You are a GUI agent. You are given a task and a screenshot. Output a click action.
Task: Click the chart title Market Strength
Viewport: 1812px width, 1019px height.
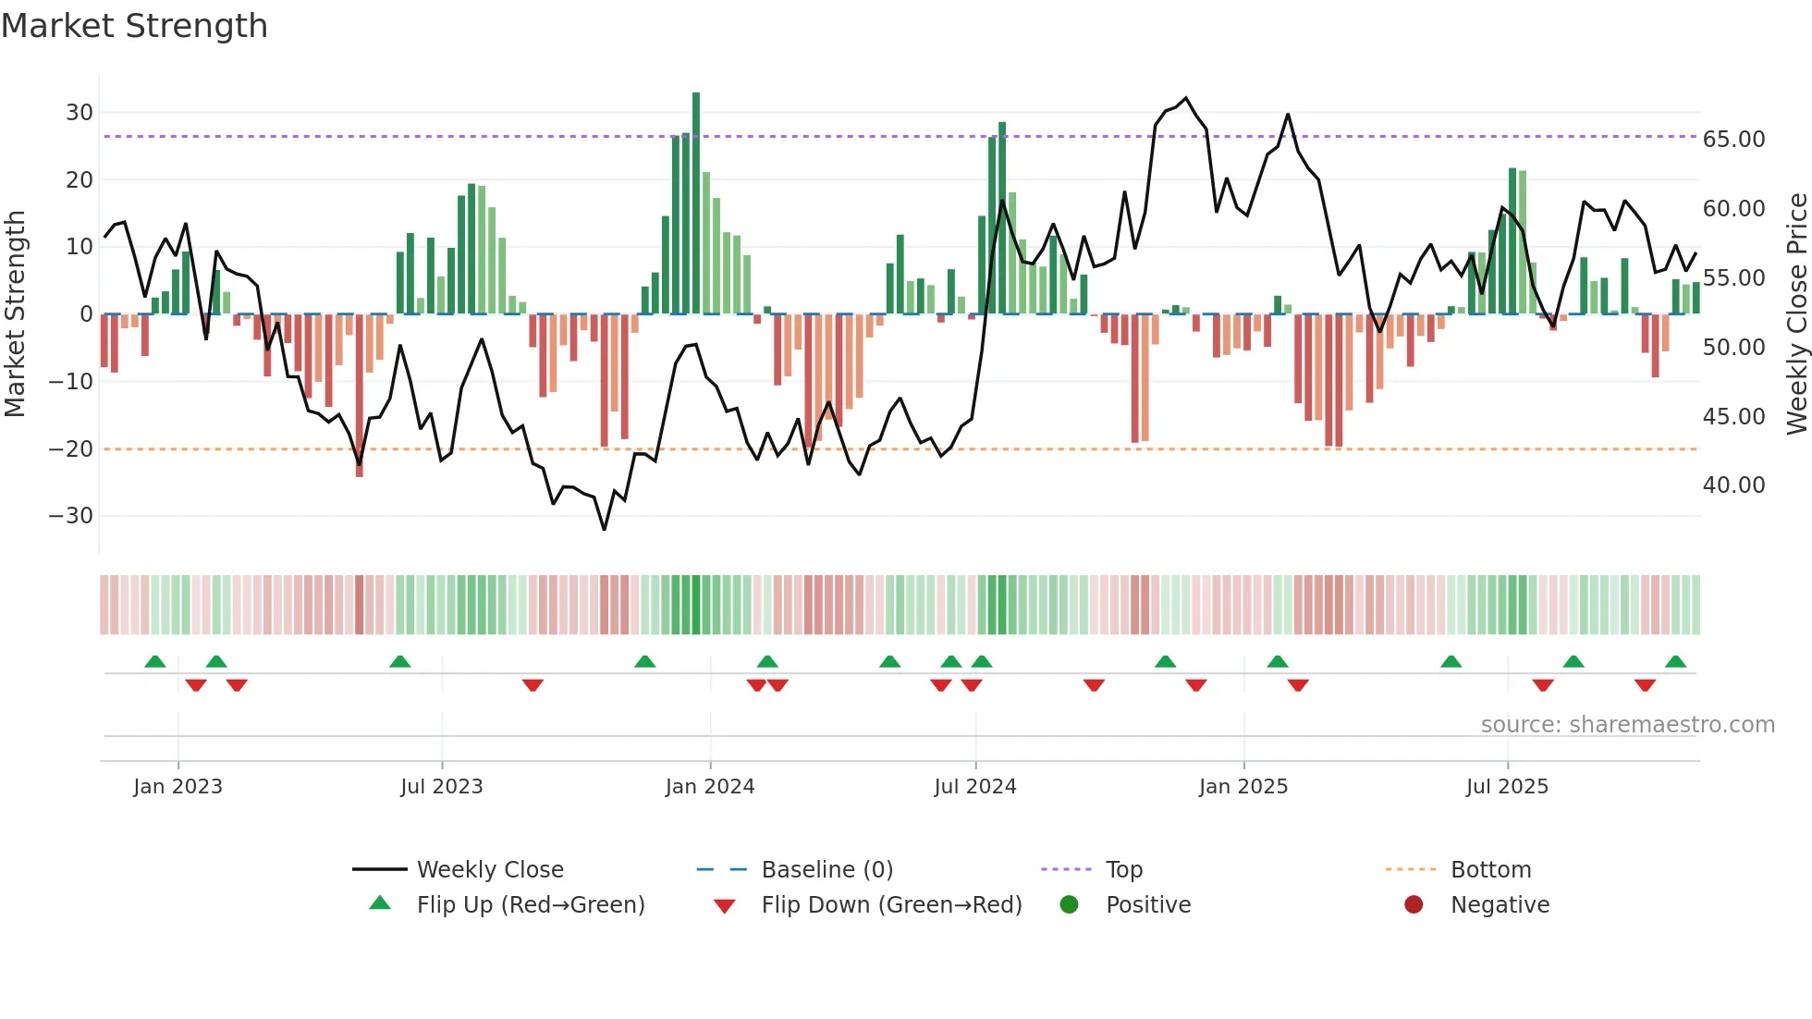pos(134,26)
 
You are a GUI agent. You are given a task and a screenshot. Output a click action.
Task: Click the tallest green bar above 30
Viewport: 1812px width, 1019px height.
pos(696,203)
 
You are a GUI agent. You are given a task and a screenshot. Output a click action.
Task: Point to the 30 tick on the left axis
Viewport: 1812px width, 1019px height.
pos(80,113)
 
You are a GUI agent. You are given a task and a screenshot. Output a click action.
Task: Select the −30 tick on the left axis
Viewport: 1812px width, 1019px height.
pos(71,516)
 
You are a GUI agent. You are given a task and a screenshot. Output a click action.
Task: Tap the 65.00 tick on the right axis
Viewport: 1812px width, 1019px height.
pos(1733,140)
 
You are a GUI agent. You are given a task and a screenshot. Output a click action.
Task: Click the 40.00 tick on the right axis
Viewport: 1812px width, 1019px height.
pos(1733,485)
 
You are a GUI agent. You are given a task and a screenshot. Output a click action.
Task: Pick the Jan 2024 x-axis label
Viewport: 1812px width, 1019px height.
pos(709,787)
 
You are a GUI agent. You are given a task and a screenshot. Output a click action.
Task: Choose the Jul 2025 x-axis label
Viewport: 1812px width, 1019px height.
pos(1506,787)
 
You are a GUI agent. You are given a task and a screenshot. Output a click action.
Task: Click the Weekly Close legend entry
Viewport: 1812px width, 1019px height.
pos(489,870)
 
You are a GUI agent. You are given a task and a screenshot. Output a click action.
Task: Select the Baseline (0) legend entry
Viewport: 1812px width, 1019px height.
pos(826,870)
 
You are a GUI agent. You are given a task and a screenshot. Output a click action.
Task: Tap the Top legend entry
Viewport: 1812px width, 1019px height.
pos(1123,870)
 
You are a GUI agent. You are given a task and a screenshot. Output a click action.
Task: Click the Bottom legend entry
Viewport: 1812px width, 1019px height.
pos(1490,870)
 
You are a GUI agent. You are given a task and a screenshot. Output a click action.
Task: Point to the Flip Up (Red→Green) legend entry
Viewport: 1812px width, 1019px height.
pos(530,905)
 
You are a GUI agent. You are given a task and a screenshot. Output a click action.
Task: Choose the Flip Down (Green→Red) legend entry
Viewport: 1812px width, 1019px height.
pos(891,905)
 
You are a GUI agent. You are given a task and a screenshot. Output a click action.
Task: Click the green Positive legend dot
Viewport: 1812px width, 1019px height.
pos(1069,905)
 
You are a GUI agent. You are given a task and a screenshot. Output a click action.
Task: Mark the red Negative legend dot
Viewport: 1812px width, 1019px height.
pos(1414,905)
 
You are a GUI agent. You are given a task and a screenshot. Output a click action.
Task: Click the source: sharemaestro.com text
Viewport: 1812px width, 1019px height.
pos(1627,725)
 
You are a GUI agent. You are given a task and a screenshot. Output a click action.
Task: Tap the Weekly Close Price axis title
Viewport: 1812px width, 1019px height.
pos(1796,314)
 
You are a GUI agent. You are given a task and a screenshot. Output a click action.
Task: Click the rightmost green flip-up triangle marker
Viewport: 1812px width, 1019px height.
pos(1675,662)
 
